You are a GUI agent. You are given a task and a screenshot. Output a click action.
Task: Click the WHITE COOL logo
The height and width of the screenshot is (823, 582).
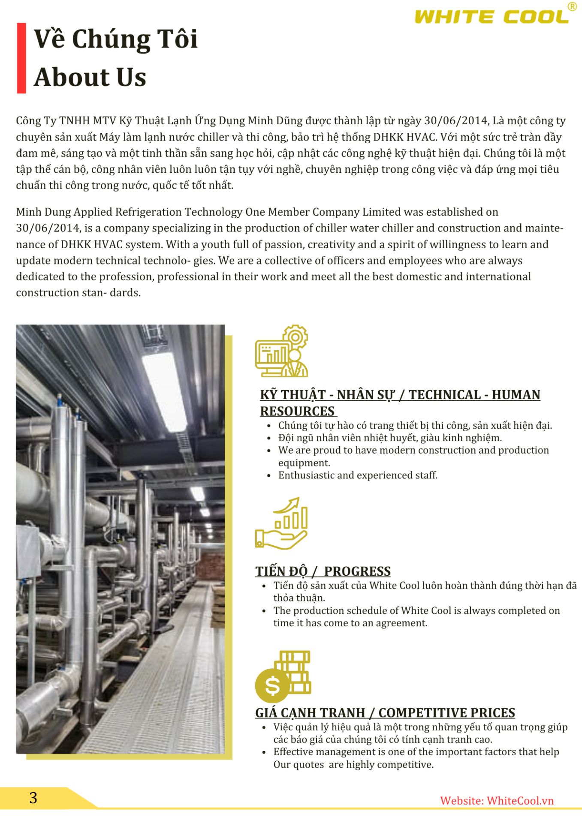click(x=492, y=17)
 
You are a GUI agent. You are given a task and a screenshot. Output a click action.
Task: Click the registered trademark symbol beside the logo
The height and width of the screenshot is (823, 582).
click(x=572, y=6)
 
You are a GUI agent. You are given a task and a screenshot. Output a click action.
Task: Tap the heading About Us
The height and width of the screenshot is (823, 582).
click(x=90, y=77)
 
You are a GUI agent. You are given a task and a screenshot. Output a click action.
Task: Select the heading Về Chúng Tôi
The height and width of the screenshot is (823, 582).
click(x=116, y=39)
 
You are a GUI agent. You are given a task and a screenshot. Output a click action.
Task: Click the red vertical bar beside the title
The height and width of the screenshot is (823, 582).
click(x=21, y=58)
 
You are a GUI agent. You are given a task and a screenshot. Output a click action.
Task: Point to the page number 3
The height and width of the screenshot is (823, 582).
click(x=33, y=798)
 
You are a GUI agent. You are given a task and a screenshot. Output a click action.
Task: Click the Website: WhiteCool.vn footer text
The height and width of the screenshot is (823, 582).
click(x=497, y=801)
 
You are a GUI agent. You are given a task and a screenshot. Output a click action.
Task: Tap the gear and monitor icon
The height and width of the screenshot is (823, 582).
click(x=282, y=351)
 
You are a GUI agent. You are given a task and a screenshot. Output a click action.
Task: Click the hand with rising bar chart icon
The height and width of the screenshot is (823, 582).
click(x=281, y=523)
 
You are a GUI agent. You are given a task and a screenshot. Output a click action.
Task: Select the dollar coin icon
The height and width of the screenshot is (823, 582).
click(x=272, y=685)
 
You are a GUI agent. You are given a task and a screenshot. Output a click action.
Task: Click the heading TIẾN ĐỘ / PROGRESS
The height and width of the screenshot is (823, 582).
click(x=323, y=571)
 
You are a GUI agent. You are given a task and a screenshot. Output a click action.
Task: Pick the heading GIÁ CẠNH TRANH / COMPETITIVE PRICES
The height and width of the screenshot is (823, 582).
click(x=385, y=712)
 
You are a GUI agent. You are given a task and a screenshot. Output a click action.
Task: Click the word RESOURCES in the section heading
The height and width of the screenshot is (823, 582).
click(x=297, y=411)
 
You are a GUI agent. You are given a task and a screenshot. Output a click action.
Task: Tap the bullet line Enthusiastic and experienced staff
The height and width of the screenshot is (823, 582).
click(x=358, y=475)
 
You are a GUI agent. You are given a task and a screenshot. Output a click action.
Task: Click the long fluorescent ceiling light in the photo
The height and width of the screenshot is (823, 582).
click(x=165, y=386)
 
